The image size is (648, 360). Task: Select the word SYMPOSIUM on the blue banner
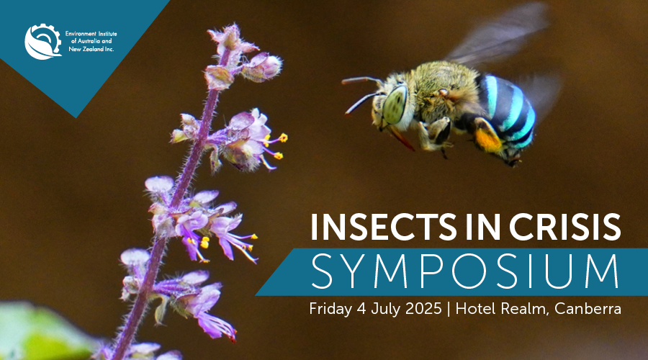(x=465, y=271)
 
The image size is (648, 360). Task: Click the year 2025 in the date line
(x=423, y=309)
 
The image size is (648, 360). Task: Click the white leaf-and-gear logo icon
(x=43, y=41)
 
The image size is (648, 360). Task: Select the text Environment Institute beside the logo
(x=91, y=33)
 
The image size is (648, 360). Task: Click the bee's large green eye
(x=395, y=104)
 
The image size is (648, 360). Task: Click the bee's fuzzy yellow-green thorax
(x=444, y=91)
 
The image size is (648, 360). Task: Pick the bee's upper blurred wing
(x=498, y=33)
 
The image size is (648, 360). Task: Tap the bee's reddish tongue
(x=400, y=138)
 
